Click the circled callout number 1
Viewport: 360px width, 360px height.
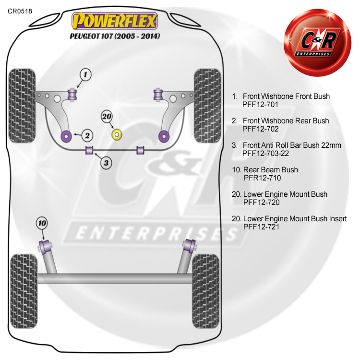pyautogui.click(x=85, y=74)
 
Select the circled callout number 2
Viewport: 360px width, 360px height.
pyautogui.click(x=87, y=135)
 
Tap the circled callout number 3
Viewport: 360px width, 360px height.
pyautogui.click(x=106, y=163)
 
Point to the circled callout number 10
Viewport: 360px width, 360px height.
pyautogui.click(x=42, y=223)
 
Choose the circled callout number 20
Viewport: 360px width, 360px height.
pyautogui.click(x=107, y=117)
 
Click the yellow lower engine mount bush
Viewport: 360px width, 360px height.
pyautogui.click(x=117, y=134)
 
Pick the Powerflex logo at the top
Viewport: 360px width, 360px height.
pyautogui.click(x=114, y=21)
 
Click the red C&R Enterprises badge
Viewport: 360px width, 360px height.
pyautogui.click(x=318, y=42)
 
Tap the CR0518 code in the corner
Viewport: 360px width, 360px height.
pyautogui.click(x=20, y=11)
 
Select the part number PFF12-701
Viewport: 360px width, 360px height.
pyautogui.click(x=260, y=105)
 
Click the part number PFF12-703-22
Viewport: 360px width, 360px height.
pyautogui.click(x=265, y=154)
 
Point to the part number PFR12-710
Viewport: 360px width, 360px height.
pyautogui.click(x=262, y=178)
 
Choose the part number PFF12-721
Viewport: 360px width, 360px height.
pyautogui.click(x=261, y=227)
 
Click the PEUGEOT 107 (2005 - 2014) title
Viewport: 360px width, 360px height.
pyautogui.click(x=115, y=36)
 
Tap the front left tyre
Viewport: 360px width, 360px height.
pyautogui.click(x=22, y=106)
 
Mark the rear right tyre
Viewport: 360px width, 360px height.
pyautogui.click(x=205, y=291)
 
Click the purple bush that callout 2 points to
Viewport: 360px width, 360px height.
pyautogui.click(x=67, y=136)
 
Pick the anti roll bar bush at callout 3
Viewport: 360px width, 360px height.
pyautogui.click(x=89, y=150)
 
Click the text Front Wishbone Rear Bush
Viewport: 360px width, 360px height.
pyautogui.click(x=286, y=121)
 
